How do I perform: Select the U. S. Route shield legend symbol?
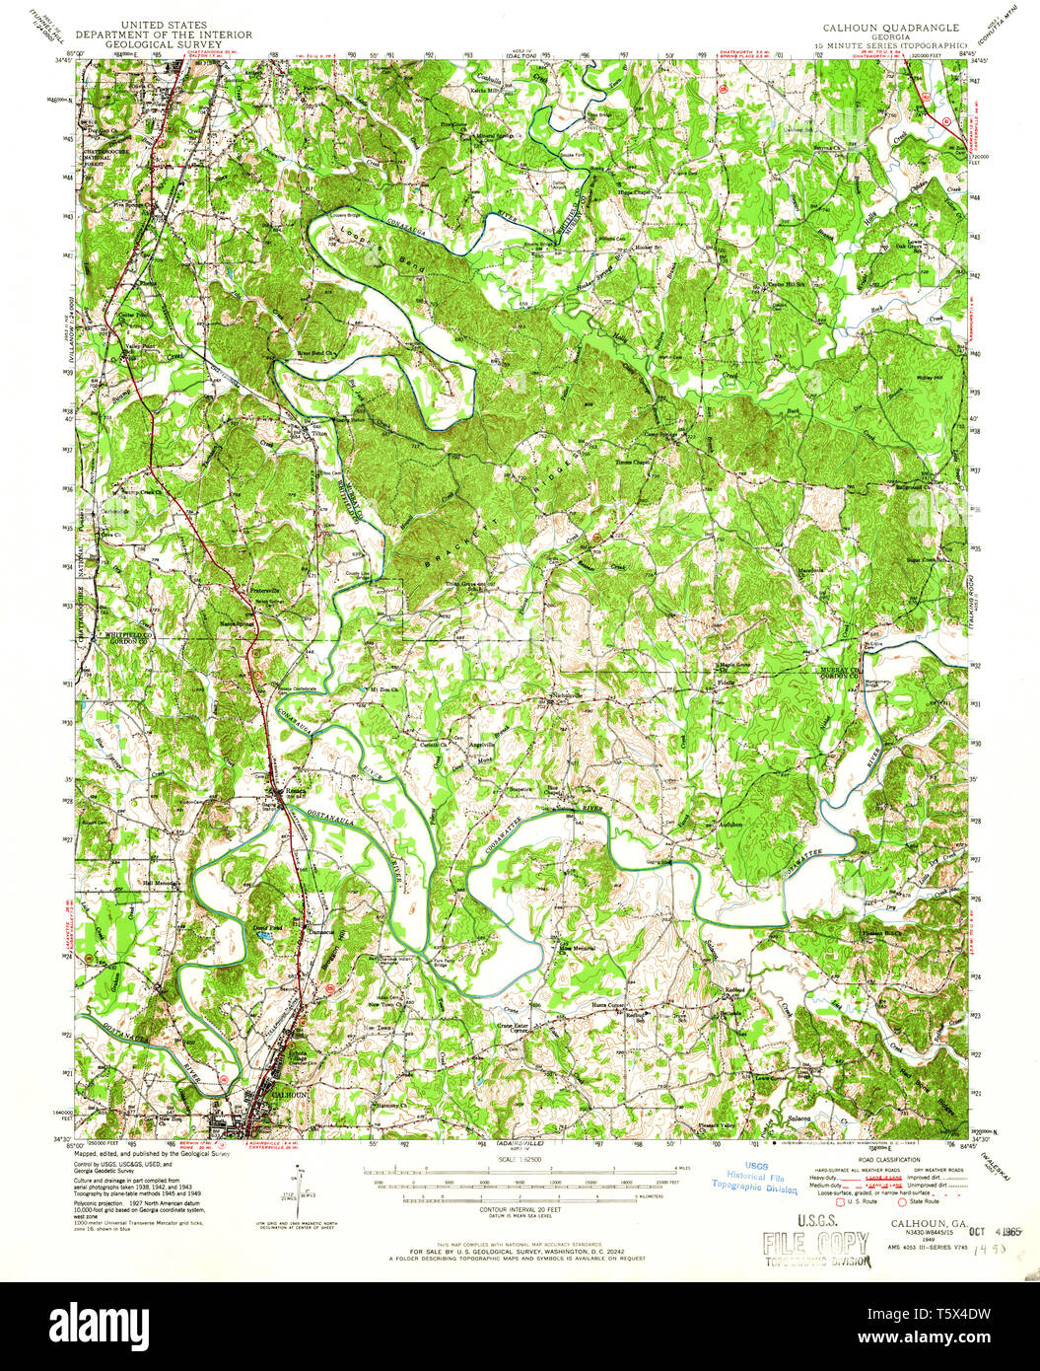(840, 1201)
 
